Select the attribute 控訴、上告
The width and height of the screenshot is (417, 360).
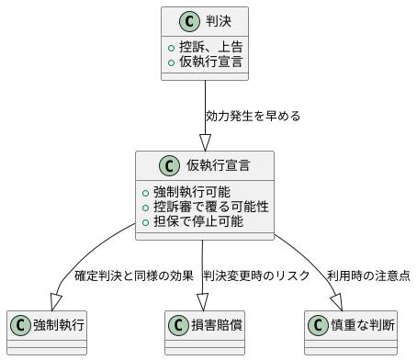click(206, 45)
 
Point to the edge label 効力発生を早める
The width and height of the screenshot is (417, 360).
click(253, 117)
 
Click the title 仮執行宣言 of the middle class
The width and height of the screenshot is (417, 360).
click(219, 166)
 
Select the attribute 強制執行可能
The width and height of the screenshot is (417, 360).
click(192, 191)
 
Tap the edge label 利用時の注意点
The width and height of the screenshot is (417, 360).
click(367, 276)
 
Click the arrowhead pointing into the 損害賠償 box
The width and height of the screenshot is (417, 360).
click(204, 302)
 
